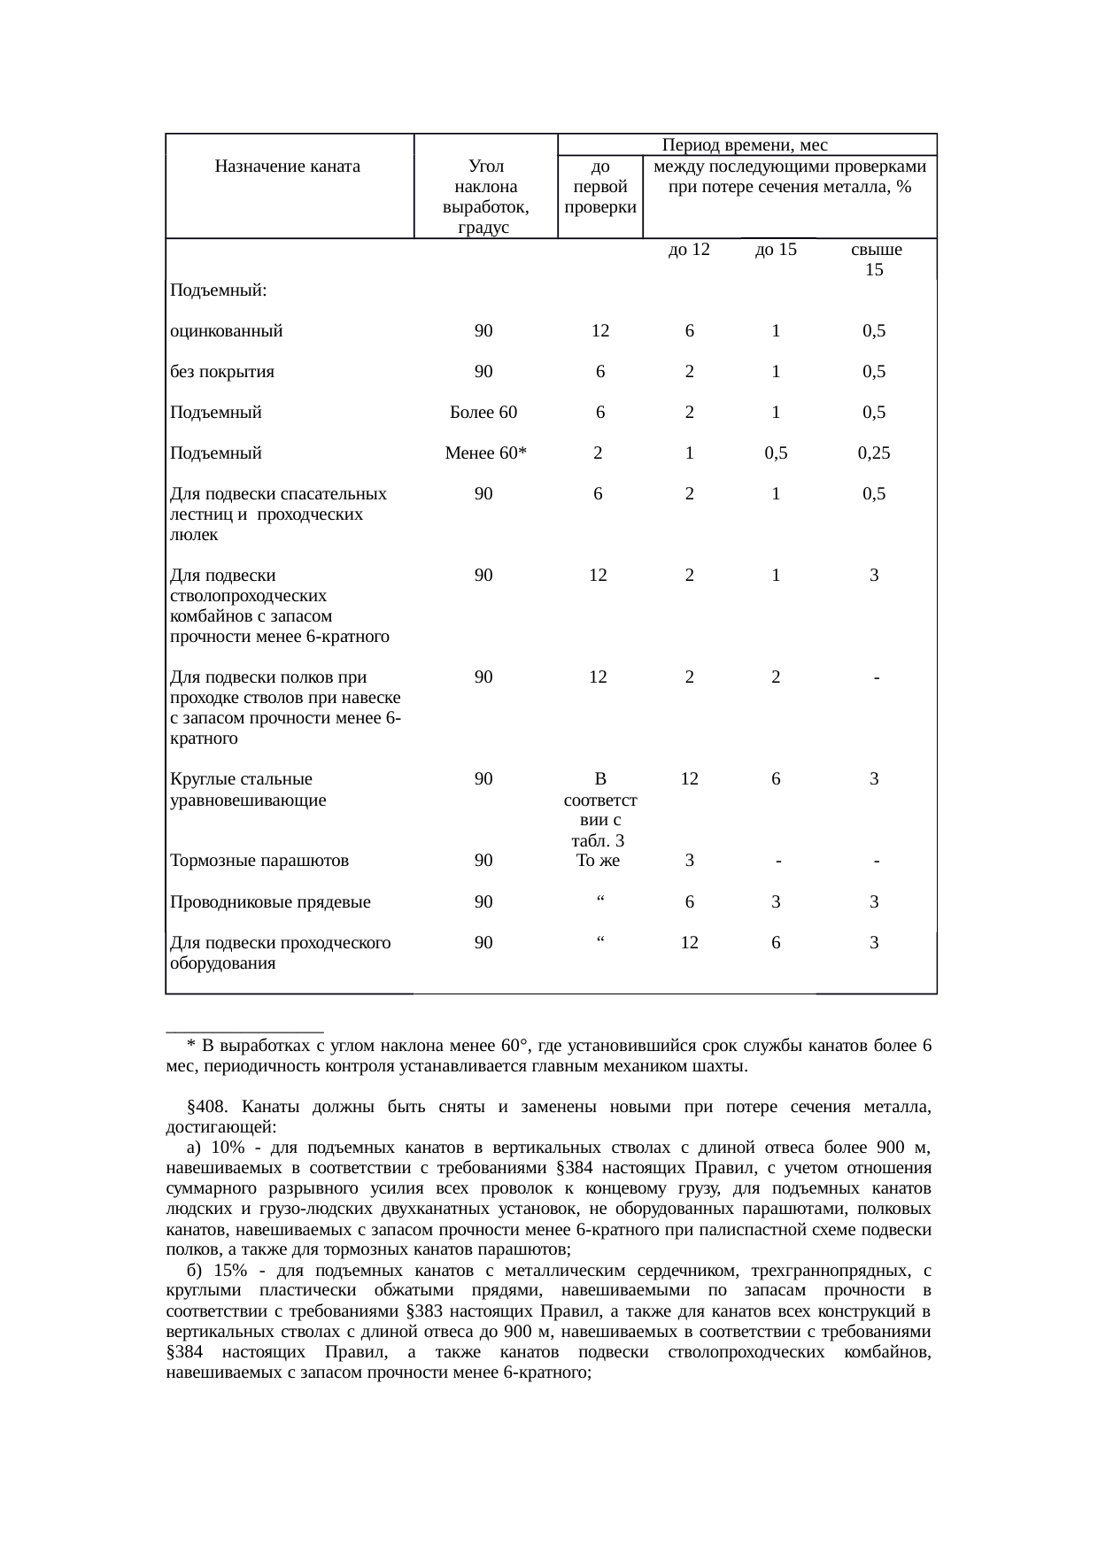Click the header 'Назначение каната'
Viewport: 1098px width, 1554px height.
(288, 166)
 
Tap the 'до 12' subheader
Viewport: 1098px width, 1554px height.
(689, 250)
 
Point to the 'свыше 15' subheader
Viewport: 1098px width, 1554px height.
(873, 259)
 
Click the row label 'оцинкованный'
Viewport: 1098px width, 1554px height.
(227, 331)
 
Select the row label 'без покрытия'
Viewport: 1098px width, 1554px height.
(222, 372)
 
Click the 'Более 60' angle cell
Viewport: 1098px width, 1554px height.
(483, 412)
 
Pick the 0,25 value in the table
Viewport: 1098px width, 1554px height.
(873, 453)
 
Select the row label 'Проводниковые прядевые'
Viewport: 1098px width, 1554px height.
(270, 902)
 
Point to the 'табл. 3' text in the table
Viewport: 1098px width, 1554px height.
(599, 840)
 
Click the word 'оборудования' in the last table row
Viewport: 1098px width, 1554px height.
(222, 963)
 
